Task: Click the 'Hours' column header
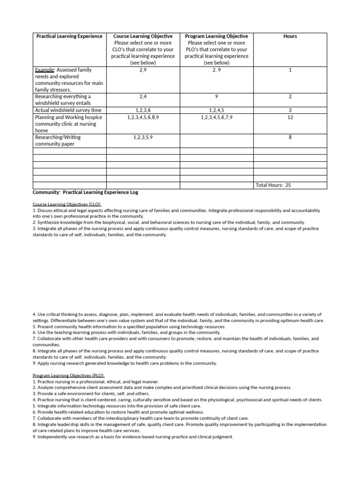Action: click(x=290, y=36)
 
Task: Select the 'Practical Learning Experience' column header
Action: click(x=69, y=36)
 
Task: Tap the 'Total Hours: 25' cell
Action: click(x=273, y=185)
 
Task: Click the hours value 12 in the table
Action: click(x=290, y=117)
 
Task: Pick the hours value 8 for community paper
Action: click(x=290, y=137)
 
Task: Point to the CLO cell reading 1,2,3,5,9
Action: click(x=143, y=137)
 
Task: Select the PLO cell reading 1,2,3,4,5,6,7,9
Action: click(x=216, y=117)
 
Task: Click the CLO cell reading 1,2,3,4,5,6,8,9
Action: click(x=143, y=117)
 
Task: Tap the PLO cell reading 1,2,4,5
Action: click(x=216, y=110)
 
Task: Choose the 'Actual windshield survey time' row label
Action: click(x=68, y=110)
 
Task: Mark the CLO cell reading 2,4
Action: click(x=143, y=96)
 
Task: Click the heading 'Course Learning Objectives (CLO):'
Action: click(x=67, y=204)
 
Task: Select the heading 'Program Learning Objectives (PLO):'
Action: click(x=69, y=375)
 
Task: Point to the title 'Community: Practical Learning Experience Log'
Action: click(x=85, y=193)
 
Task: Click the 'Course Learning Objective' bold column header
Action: click(x=143, y=36)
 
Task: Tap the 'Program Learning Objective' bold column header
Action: click(x=216, y=36)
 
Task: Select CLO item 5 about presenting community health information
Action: click(x=129, y=326)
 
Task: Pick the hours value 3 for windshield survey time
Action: click(x=290, y=110)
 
